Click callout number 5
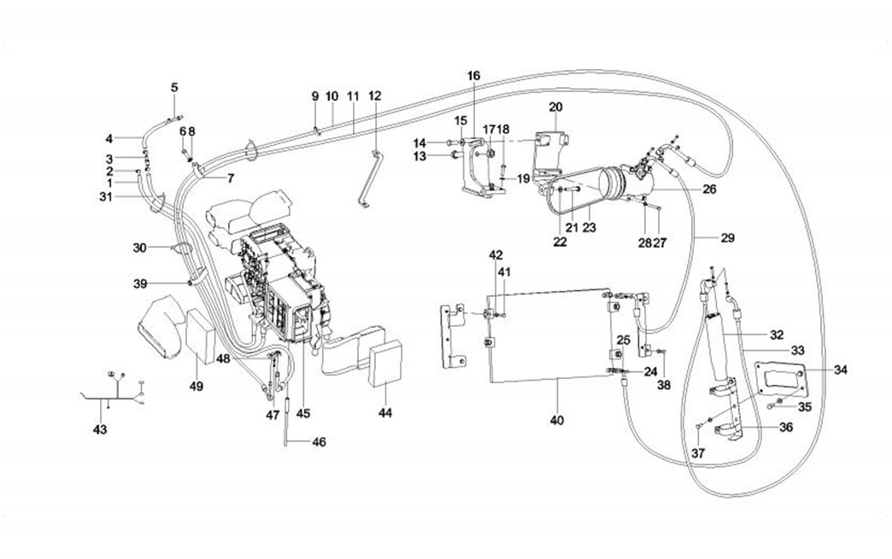tap(174, 87)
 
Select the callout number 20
tap(555, 107)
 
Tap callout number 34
tap(841, 370)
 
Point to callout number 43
tap(100, 429)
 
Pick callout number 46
tap(319, 442)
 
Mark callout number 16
tap(473, 76)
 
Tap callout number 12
tap(375, 96)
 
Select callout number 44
tap(386, 414)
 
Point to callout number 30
tap(140, 247)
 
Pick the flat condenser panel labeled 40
tap(547, 333)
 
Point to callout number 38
tap(665, 385)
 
